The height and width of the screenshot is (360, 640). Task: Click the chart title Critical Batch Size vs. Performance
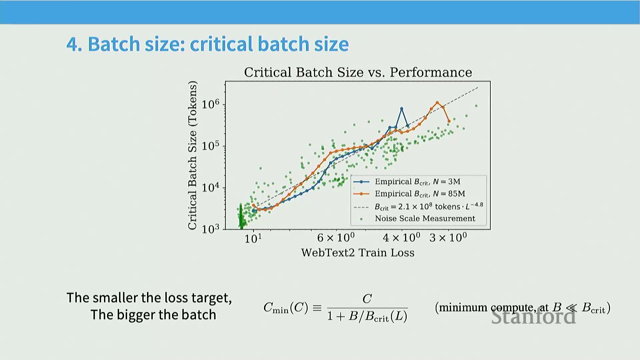click(x=358, y=72)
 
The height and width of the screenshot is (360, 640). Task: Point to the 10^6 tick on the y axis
click(x=211, y=104)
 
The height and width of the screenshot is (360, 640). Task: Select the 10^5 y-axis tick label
click(x=211, y=146)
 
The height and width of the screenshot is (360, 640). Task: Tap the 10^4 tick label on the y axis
click(x=211, y=188)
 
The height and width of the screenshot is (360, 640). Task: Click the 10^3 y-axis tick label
click(x=211, y=229)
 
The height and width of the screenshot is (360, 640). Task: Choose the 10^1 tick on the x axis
click(x=253, y=238)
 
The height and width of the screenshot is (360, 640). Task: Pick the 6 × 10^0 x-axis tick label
click(x=336, y=238)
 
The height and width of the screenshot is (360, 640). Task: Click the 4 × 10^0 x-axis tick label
click(x=401, y=238)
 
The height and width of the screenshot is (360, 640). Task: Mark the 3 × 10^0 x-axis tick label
click(x=448, y=238)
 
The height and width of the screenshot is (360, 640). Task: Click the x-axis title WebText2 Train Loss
click(x=358, y=253)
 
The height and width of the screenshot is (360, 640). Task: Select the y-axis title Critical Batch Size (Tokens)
click(x=193, y=155)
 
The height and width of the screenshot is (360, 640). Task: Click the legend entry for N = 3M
click(x=417, y=182)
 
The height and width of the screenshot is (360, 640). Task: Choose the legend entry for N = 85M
click(x=420, y=194)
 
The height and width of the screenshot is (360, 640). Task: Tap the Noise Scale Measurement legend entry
click(x=425, y=219)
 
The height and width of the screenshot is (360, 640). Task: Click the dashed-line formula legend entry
click(x=428, y=207)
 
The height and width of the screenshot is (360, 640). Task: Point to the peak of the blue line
click(x=402, y=109)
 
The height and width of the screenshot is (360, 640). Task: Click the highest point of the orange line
click(x=437, y=103)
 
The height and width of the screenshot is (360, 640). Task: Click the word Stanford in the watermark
click(x=533, y=316)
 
